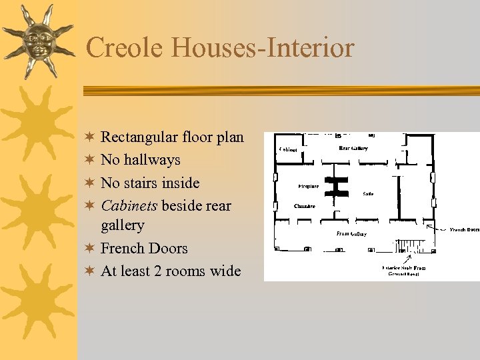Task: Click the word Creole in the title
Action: tap(125, 48)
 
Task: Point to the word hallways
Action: tap(152, 160)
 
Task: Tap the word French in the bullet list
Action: tap(124, 248)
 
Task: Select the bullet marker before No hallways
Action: tap(91, 160)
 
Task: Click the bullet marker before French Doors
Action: tap(91, 249)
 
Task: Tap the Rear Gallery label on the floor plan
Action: tap(353, 148)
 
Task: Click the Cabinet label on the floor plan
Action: tap(289, 149)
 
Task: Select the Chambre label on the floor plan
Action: tap(304, 206)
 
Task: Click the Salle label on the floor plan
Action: tap(368, 194)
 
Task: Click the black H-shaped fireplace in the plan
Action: tap(337, 187)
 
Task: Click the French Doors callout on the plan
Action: tap(465, 229)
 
